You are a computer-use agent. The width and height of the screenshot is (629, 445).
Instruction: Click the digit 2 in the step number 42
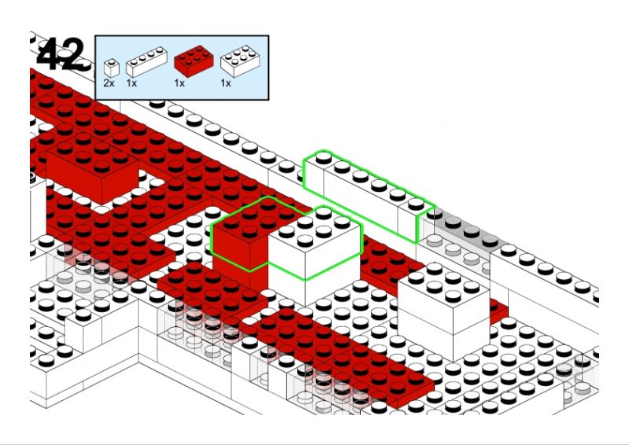73,54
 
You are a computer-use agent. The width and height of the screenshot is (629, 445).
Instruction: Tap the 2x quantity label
109,83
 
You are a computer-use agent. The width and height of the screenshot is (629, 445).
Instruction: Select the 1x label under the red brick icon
179,83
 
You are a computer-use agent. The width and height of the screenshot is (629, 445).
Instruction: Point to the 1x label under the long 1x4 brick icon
131,83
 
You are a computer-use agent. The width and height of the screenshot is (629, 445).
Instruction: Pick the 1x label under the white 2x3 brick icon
226,83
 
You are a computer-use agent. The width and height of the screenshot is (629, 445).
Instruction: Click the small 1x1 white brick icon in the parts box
111,68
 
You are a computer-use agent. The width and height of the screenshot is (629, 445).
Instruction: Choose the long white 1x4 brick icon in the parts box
146,62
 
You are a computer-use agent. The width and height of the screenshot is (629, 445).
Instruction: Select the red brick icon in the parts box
193,61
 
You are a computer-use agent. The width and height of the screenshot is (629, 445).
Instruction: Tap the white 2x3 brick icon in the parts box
240,61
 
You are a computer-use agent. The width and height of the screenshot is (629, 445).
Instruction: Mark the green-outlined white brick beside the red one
315,244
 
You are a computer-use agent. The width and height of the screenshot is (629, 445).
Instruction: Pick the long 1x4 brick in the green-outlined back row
369,193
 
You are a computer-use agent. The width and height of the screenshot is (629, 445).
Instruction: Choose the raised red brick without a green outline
93,168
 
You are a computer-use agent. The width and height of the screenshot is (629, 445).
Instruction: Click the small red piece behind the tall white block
498,311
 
